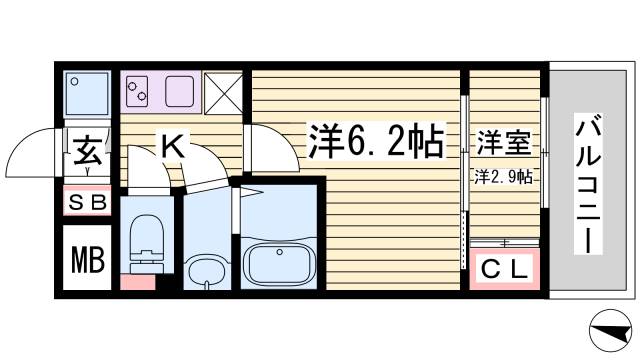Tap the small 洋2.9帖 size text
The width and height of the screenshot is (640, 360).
[x=502, y=177]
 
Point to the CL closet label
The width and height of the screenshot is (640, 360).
[x=503, y=268]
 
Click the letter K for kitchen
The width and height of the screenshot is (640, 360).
[x=172, y=148]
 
